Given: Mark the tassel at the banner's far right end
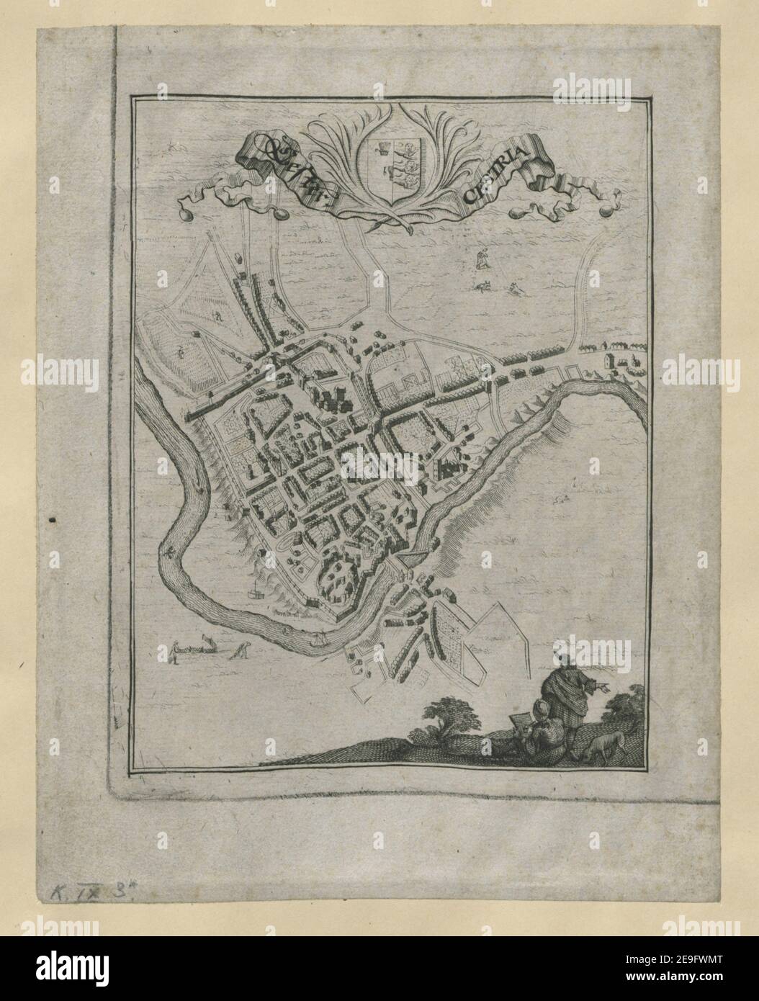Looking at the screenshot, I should tap(604, 213).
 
